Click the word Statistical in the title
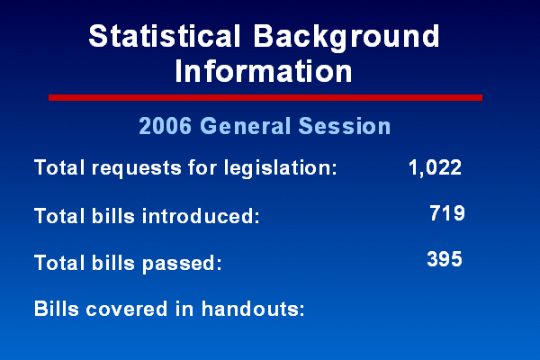(164, 36)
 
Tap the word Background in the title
(346, 38)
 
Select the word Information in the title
(264, 71)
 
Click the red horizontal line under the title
(265, 98)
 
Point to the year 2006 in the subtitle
(165, 126)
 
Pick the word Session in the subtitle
(345, 126)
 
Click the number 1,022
(435, 168)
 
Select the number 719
(447, 213)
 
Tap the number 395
(445, 259)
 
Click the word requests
(137, 169)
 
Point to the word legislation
(280, 168)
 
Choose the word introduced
(201, 216)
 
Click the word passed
(182, 264)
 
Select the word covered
(127, 309)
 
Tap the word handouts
(253, 309)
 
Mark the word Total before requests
(59, 167)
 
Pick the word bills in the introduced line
(113, 216)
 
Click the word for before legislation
(202, 167)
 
